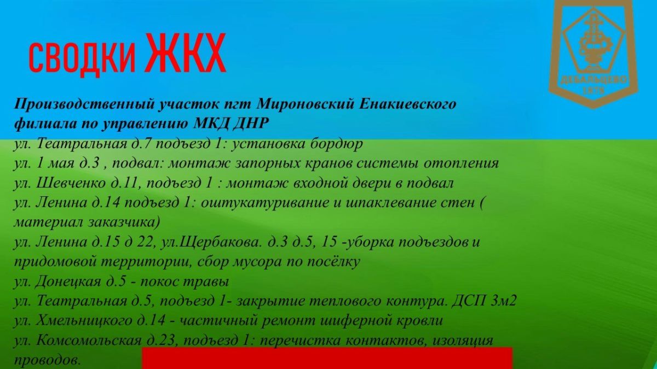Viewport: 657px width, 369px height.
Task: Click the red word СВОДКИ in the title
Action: point(82,58)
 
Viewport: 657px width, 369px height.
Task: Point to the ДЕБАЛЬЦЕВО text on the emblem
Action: point(593,80)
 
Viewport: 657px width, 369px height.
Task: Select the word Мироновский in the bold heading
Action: point(305,104)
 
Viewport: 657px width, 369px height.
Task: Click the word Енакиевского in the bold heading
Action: point(408,104)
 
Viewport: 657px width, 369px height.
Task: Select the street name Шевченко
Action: point(71,183)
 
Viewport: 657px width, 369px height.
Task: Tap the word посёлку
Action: point(333,261)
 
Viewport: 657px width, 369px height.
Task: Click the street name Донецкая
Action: point(68,282)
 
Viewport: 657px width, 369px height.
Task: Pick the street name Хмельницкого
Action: point(84,321)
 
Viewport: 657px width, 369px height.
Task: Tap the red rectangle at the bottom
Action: point(327,358)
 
